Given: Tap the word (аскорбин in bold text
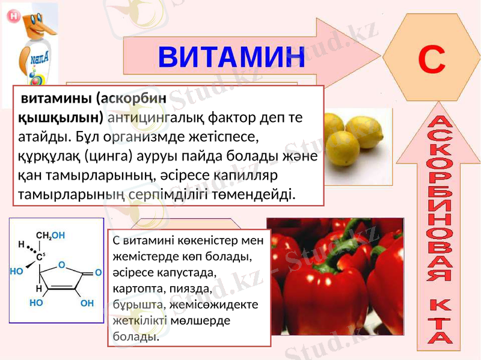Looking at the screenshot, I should [x=132, y=97].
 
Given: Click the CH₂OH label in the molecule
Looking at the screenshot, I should [x=51, y=235].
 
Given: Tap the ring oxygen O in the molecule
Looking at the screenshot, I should [x=61, y=263].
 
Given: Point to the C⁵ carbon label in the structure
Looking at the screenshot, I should [x=40, y=257].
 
